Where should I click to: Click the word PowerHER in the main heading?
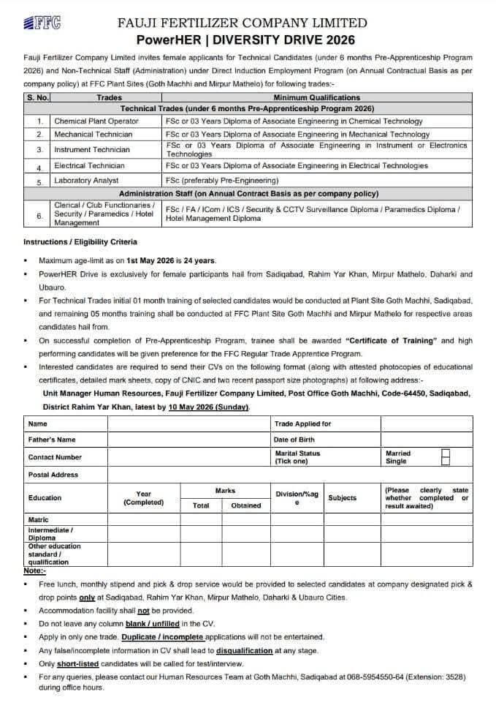tap(167, 39)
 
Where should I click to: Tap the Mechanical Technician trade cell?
tap(93, 135)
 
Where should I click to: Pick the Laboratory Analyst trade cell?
tap(86, 180)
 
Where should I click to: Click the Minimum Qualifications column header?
tap(316, 97)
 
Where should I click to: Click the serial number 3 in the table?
tap(39, 150)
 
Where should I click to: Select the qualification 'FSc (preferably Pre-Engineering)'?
tap(222, 180)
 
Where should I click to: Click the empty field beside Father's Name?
tap(188, 440)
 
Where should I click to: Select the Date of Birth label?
tap(294, 440)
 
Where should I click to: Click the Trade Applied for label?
tap(302, 423)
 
